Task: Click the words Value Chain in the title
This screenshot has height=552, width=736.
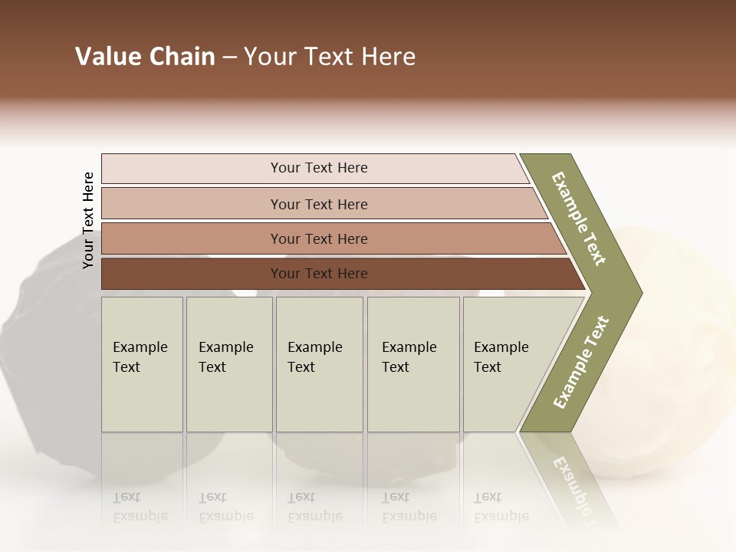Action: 145,57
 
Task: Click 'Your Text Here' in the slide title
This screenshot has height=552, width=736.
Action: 330,57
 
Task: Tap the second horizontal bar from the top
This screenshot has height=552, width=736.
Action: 192,204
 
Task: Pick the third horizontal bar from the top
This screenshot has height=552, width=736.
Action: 192,238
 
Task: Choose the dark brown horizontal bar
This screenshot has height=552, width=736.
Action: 192,274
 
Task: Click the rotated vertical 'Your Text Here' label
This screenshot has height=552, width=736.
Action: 88,220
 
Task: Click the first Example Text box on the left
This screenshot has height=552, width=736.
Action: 142,364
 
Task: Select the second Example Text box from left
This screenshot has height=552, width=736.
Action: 229,364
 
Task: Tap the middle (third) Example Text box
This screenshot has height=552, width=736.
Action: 319,364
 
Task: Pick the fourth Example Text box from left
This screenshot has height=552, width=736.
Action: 413,364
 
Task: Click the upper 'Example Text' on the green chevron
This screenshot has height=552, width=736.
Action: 579,219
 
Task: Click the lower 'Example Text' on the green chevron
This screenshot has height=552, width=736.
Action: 581,362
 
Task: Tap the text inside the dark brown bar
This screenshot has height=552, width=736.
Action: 319,274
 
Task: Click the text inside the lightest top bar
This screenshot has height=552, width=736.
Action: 319,168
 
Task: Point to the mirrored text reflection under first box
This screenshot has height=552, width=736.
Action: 140,507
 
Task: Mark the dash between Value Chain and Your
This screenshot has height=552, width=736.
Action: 229,58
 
